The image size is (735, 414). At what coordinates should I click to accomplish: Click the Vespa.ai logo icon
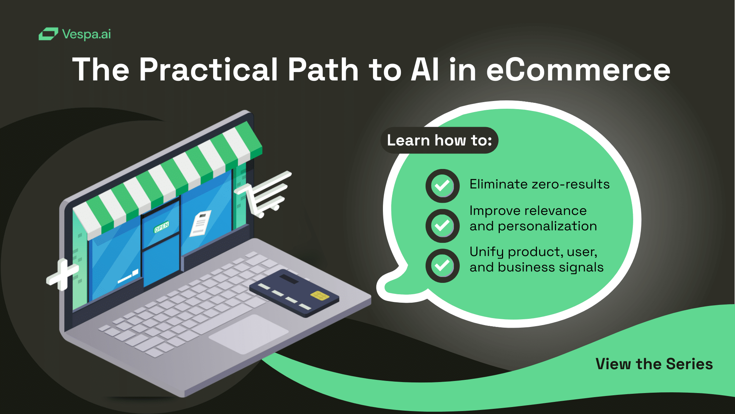click(49, 34)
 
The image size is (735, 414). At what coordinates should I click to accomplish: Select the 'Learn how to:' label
click(440, 140)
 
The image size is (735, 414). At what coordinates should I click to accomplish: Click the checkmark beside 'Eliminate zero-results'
click(442, 186)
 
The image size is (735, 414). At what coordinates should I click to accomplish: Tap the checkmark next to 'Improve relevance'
click(442, 226)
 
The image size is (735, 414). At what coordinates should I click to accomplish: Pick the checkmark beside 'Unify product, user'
click(442, 266)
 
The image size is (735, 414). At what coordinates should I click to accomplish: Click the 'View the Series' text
click(654, 364)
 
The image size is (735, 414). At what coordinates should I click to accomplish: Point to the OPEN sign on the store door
click(162, 227)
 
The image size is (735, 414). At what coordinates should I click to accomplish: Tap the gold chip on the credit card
click(320, 295)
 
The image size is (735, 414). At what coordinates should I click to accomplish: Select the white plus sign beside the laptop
click(62, 275)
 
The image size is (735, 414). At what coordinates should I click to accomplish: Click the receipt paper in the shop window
click(201, 223)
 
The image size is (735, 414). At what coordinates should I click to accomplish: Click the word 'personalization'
click(547, 227)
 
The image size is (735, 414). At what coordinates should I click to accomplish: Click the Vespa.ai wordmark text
click(86, 34)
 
